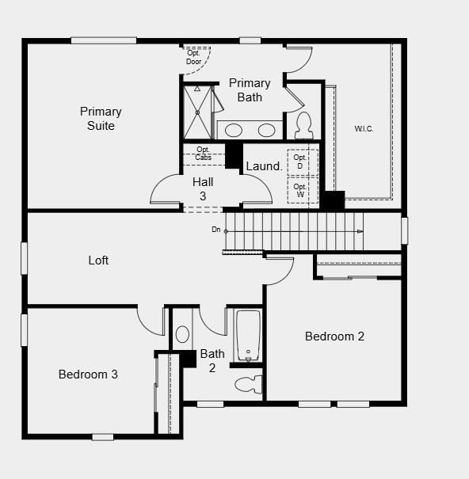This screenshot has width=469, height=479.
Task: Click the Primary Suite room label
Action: click(x=101, y=119)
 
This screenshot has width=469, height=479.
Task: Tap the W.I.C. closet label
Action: click(x=364, y=128)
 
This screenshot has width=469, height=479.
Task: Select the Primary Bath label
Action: click(x=250, y=90)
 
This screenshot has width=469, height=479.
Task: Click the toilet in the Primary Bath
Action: click(x=303, y=125)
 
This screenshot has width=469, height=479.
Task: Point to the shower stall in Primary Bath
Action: click(x=196, y=112)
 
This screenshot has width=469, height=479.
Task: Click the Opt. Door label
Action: click(x=194, y=57)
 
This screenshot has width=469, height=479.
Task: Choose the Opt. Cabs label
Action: click(x=204, y=154)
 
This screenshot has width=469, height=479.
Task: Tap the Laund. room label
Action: click(x=263, y=166)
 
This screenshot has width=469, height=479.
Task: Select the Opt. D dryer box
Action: click(x=300, y=162)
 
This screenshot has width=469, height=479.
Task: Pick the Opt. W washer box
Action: click(x=300, y=190)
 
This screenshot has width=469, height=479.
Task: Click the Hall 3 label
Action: click(x=203, y=188)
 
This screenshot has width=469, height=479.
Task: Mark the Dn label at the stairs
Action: click(x=215, y=230)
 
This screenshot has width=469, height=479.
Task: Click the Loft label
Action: click(x=98, y=260)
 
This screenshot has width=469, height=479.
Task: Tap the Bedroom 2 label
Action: click(x=334, y=336)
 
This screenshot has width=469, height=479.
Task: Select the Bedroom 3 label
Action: click(x=88, y=374)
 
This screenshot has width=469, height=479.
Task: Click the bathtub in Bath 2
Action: click(x=247, y=335)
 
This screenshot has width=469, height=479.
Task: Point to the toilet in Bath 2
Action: click(x=248, y=384)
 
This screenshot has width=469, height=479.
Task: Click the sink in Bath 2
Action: click(x=182, y=334)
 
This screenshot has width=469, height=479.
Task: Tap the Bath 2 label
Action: click(x=212, y=360)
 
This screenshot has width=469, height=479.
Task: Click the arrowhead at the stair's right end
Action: click(x=360, y=231)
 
